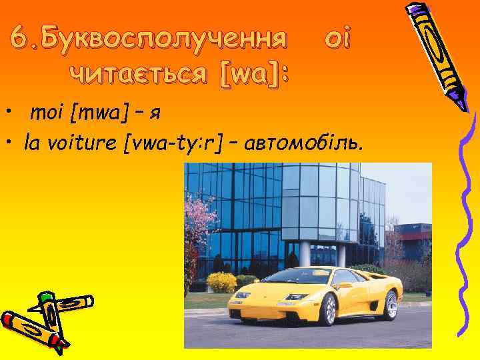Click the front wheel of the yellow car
(327, 309)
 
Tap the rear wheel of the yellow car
(391, 304)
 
